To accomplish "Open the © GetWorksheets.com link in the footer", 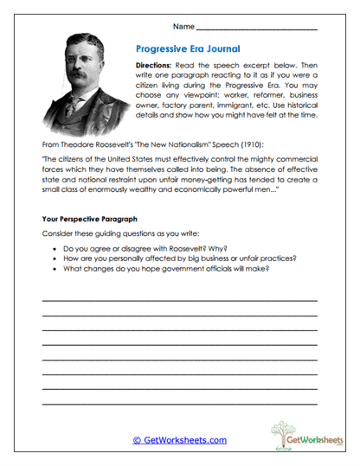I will pyautogui.click(x=179, y=440).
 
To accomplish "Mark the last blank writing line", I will pyautogui.click(x=179, y=403).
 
